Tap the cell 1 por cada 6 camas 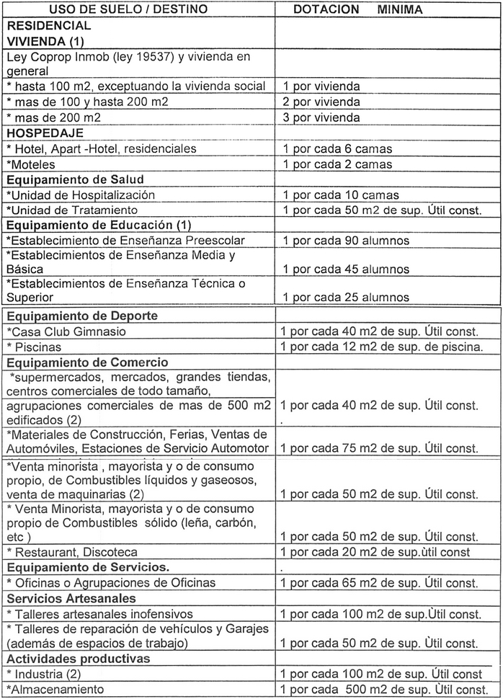tap(337, 148)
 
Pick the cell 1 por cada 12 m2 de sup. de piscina tap(382, 347)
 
